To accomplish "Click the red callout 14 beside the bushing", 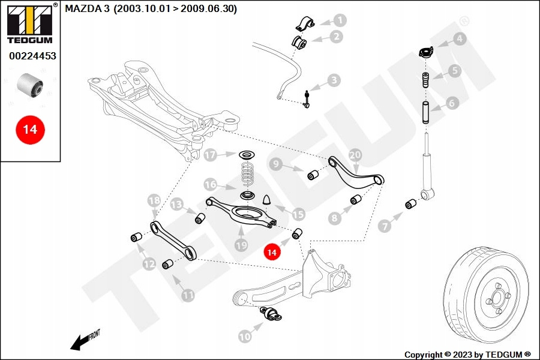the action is [x=272, y=252].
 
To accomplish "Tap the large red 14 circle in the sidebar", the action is [x=31, y=130].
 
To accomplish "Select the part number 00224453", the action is [x=32, y=56].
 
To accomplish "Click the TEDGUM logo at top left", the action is [x=31, y=23].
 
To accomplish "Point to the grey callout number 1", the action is [x=340, y=20].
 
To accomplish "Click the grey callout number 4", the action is [x=460, y=39].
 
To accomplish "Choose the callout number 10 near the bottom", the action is [x=245, y=336].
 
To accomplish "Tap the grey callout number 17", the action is [x=210, y=155].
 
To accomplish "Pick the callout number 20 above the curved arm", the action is [x=355, y=155].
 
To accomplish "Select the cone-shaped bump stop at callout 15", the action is [x=268, y=200].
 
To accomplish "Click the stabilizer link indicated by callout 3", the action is [x=307, y=99].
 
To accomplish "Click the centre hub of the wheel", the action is [x=497, y=296].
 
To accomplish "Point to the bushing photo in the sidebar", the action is [x=30, y=85].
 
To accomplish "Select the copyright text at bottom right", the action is [x=467, y=355].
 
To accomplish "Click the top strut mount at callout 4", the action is [x=426, y=53].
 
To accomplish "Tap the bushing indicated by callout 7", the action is [x=410, y=204].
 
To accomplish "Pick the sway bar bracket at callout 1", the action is [x=305, y=23].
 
